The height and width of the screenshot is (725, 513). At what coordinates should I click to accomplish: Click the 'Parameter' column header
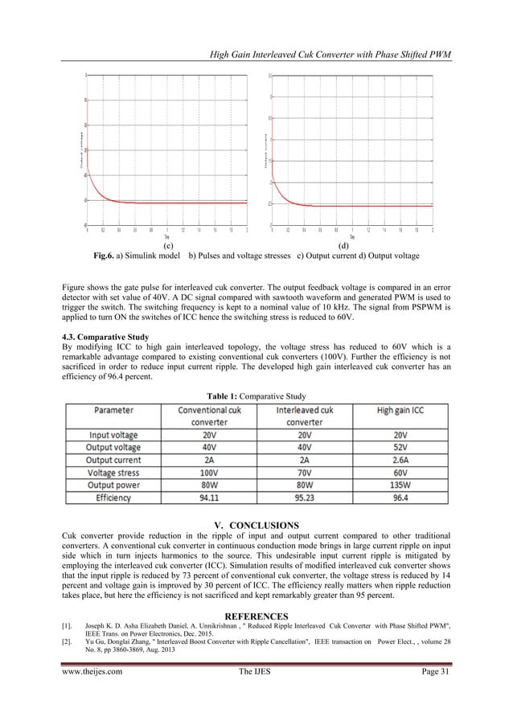115,408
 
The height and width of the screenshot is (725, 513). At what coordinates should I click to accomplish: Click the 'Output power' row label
115,486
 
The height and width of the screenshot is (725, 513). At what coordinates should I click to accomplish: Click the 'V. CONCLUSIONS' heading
256,526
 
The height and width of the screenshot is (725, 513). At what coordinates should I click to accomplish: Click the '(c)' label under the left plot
167,244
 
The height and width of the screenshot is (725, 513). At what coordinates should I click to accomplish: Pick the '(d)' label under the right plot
344,244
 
